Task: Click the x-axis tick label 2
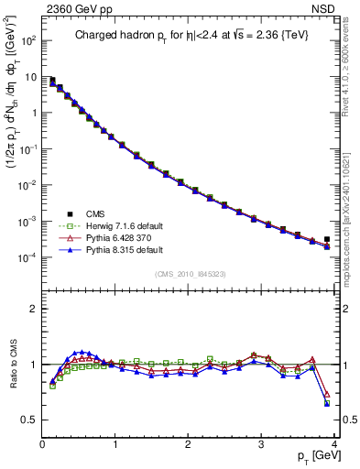click(x=189, y=444)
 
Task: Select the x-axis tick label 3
click(x=262, y=444)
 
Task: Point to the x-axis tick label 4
click(x=334, y=444)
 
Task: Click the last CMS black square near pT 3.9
click(x=327, y=239)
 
